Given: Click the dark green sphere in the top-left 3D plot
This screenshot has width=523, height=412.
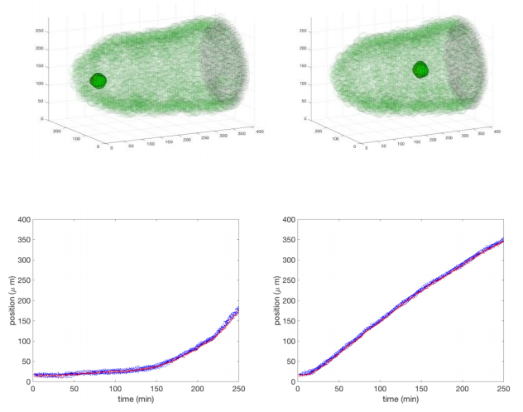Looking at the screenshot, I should pos(99,80).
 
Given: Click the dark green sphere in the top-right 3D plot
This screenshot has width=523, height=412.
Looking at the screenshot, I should pos(421,70).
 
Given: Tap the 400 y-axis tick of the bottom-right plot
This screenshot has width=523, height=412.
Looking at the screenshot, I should pos(287,220).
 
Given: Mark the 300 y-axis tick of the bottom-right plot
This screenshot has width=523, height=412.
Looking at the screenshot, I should pos(287,261).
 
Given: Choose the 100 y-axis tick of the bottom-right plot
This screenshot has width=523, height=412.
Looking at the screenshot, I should pos(287,341).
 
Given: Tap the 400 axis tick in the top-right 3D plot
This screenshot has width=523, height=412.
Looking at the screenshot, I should pos(497,131).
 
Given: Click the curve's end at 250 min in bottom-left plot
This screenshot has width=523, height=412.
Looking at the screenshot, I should pos(238,309).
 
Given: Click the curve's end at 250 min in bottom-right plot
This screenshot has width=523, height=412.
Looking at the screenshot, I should pos(502,241).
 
